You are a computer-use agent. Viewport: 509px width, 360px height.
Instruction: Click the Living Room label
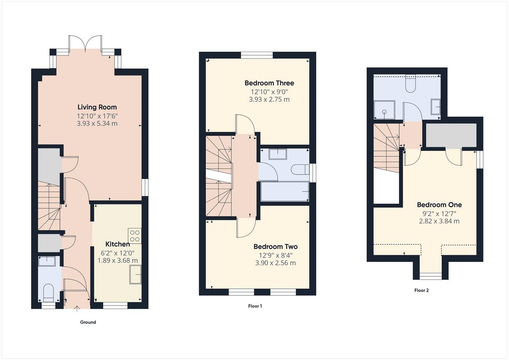tap(97, 107)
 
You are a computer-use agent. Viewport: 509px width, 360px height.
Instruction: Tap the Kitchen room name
tap(117, 244)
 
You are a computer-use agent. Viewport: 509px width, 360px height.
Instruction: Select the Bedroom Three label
tap(269, 83)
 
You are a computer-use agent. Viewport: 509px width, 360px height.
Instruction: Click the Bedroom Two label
tap(275, 247)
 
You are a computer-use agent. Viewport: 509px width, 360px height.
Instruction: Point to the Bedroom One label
tap(439, 205)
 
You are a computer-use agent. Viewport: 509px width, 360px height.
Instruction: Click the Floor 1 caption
tap(255, 306)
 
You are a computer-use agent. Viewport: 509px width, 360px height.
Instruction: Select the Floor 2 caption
tap(421, 290)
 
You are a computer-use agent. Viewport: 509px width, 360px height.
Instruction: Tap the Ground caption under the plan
tap(88, 322)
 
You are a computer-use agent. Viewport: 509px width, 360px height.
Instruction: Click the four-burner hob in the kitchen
tap(135, 236)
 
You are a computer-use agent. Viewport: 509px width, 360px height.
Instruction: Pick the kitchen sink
tap(135, 274)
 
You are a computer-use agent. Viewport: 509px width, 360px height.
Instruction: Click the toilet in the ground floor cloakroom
tap(48, 292)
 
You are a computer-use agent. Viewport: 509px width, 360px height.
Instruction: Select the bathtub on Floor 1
tap(285, 191)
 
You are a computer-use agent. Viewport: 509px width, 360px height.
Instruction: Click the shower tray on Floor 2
tap(384, 110)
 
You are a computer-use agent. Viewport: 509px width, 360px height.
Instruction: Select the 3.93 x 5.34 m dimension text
tap(97, 124)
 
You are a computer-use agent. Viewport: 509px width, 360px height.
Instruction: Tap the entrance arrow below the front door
tap(77, 309)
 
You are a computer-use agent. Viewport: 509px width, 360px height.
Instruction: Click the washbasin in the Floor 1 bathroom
tap(278, 154)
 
